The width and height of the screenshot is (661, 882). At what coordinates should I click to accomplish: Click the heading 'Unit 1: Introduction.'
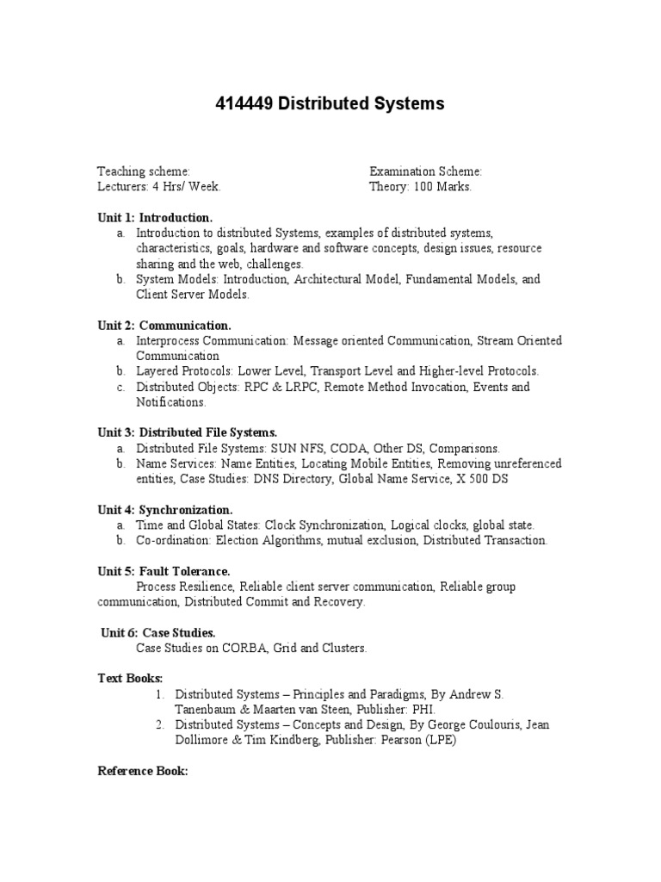click(155, 217)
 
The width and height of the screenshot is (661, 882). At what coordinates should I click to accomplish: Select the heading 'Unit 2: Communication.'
click(164, 326)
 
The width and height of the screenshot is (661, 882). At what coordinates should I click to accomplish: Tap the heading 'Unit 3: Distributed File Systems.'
click(188, 432)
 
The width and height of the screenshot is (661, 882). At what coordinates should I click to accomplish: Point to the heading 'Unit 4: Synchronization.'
click(165, 510)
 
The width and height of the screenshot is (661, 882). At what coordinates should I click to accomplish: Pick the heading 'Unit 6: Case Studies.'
click(158, 632)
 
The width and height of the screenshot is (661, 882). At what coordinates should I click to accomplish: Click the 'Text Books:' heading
click(130, 679)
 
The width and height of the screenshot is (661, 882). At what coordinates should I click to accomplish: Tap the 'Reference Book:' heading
click(142, 772)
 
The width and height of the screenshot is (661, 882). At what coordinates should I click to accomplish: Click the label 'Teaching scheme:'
click(144, 171)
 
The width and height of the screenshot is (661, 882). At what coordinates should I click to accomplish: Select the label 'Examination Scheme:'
click(425, 171)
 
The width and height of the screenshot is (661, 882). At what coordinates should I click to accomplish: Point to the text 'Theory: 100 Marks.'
click(420, 186)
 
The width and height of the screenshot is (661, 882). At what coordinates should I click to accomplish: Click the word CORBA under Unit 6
click(251, 648)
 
